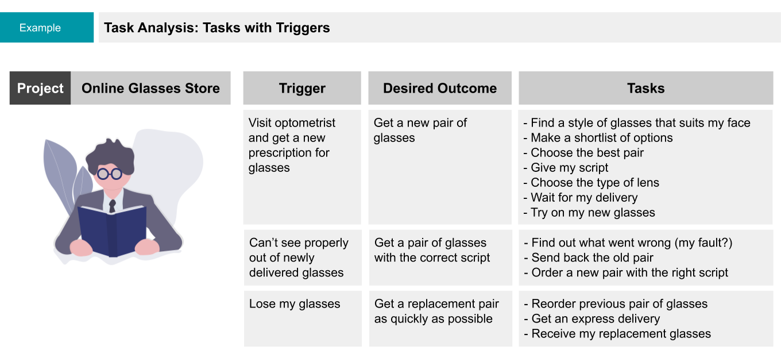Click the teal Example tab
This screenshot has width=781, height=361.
click(47, 27)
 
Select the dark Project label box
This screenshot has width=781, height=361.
click(40, 88)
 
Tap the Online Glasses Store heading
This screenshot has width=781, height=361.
click(150, 88)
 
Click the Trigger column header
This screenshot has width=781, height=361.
click(302, 88)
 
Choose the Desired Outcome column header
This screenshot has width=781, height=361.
click(440, 88)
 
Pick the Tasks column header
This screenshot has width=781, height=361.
click(645, 88)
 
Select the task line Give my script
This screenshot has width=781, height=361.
click(566, 168)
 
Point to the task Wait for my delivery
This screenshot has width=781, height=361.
click(581, 198)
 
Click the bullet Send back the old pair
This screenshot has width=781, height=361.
click(589, 258)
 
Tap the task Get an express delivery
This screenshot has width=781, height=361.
click(592, 319)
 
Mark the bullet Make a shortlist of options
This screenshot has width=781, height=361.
click(598, 137)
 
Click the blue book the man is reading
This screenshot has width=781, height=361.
click(111, 231)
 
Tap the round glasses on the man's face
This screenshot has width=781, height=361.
click(110, 174)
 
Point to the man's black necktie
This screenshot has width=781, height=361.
click(113, 206)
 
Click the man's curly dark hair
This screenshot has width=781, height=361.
click(110, 156)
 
